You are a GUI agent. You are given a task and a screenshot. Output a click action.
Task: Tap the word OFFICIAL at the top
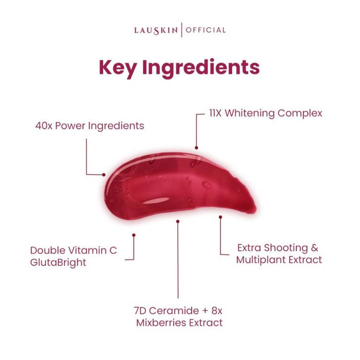pyautogui.click(x=206, y=30)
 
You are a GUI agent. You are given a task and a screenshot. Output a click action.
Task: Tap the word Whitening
pyautogui.click(x=249, y=113)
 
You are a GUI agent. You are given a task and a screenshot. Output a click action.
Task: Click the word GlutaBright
pyautogui.click(x=58, y=263)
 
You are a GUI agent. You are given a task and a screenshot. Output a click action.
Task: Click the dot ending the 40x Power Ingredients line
pyautogui.click(x=104, y=174)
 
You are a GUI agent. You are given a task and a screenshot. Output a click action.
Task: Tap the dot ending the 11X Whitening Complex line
pyautogui.click(x=196, y=147)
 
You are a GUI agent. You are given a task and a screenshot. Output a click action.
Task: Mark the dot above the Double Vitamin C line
pyautogui.click(x=133, y=234)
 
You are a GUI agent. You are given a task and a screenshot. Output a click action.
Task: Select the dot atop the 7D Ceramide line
pyautogui.click(x=178, y=222)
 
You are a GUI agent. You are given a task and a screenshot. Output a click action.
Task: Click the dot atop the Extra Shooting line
pyautogui.click(x=220, y=216)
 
